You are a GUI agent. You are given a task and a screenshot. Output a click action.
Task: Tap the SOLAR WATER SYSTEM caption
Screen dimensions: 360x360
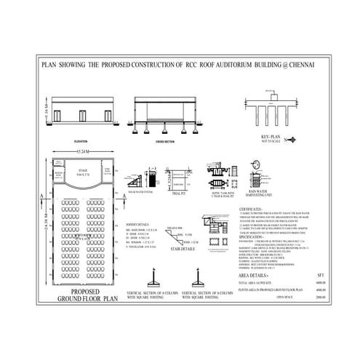coord(140,193)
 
